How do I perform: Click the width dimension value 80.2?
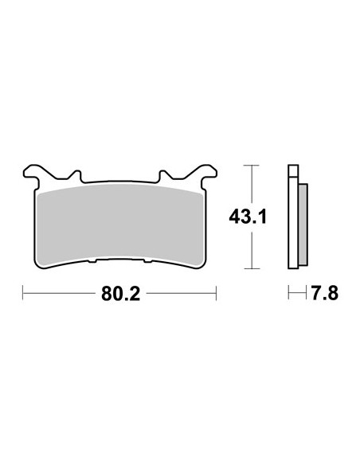coord(120,294)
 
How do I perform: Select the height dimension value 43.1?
coord(248,217)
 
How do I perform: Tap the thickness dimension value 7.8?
coord(325,293)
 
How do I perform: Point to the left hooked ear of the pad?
coord(32,174)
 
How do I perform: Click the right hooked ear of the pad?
coord(208,174)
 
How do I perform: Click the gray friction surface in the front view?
coord(121,225)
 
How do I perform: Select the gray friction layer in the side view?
coord(303,225)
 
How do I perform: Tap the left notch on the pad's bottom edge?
coord(92,261)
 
